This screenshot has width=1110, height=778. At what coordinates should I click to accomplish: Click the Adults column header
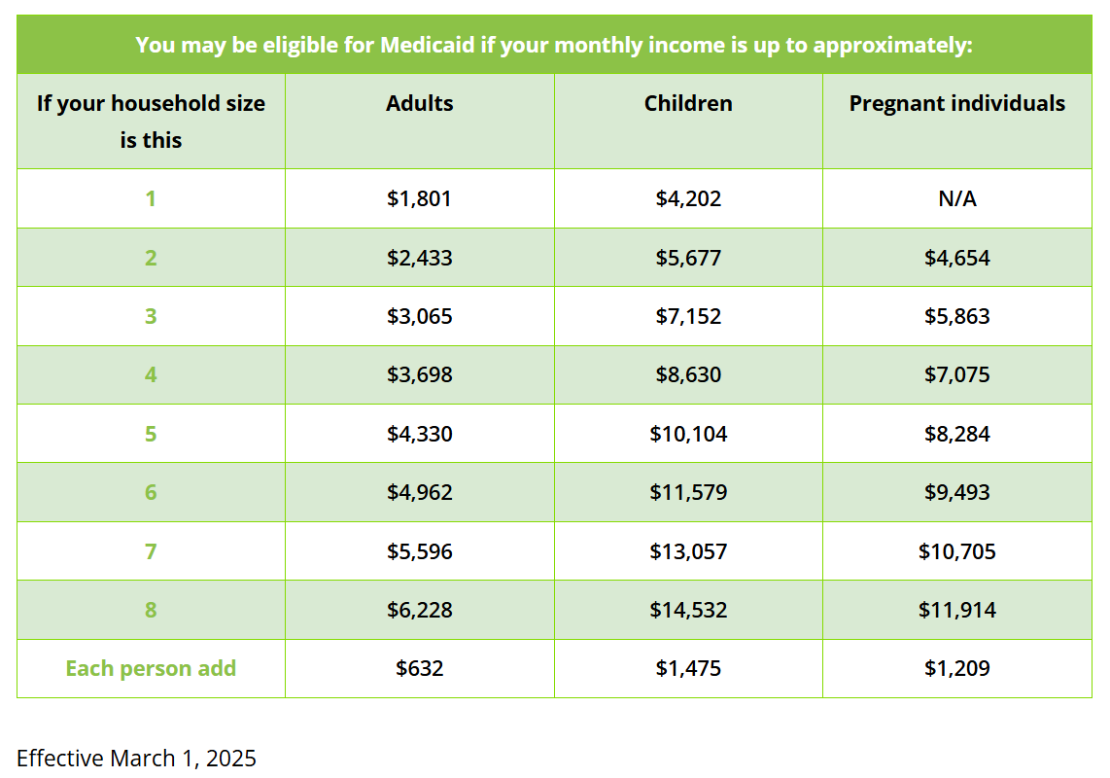[x=419, y=103]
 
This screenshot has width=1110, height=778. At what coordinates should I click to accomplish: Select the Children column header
[x=688, y=103]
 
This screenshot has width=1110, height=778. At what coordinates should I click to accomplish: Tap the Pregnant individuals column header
[x=957, y=103]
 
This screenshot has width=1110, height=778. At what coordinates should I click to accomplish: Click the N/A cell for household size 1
[x=957, y=198]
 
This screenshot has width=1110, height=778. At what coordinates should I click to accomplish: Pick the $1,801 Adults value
[x=419, y=198]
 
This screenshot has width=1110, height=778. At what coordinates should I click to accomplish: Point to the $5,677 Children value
[x=688, y=257]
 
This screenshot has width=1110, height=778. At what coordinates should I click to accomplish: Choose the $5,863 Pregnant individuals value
[x=957, y=316]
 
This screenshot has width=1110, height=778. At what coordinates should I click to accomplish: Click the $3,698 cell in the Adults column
[x=419, y=374]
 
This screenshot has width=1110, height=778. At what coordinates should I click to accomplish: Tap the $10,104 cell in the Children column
[x=688, y=434]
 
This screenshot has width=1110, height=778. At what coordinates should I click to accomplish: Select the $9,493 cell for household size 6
[x=957, y=492]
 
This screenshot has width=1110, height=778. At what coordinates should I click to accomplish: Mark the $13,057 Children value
[x=688, y=551]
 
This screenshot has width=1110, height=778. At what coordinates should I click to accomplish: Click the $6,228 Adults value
[x=419, y=610]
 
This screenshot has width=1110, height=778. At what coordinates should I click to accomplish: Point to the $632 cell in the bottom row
[x=419, y=668]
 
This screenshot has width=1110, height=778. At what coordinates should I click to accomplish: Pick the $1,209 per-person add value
[x=957, y=668]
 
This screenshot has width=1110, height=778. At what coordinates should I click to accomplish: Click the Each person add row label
[x=151, y=668]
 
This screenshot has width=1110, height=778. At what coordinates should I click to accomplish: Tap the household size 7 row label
[x=151, y=551]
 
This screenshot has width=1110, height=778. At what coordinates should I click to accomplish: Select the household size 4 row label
[x=151, y=374]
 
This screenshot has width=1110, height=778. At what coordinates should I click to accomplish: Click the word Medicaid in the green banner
[x=427, y=46]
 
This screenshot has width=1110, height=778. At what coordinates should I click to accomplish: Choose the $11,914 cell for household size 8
[x=957, y=610]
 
